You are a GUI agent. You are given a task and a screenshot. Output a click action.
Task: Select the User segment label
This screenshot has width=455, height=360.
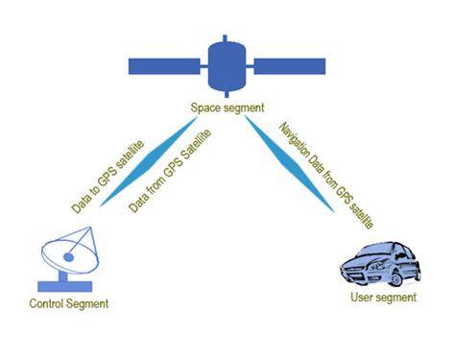click(x=384, y=298)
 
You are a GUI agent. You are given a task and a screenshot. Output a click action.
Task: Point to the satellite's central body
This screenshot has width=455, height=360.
click(x=228, y=66)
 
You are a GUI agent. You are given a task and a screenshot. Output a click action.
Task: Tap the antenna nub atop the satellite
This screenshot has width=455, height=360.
click(x=227, y=39)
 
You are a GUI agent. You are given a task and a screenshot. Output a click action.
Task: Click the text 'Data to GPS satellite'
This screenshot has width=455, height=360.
click(x=112, y=175)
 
